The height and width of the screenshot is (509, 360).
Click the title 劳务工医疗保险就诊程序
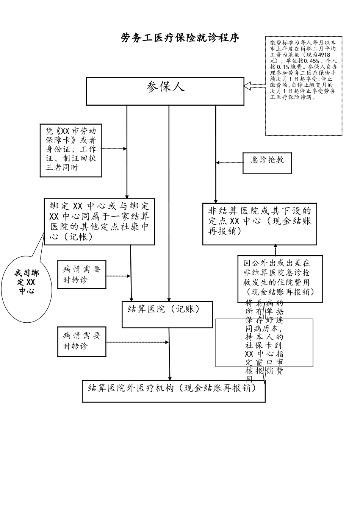click(180, 38)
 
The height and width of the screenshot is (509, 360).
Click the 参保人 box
click(165, 91)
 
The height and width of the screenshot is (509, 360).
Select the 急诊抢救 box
click(267, 162)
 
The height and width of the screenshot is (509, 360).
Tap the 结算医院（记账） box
click(167, 314)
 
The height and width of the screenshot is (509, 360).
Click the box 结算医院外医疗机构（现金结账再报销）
click(174, 391)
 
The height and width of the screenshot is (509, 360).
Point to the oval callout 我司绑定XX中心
click(27, 282)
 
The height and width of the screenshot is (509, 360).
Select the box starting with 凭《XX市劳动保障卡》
click(71, 150)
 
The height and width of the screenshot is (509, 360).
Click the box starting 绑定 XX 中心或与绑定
click(99, 222)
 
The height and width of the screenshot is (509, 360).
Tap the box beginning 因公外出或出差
click(280, 278)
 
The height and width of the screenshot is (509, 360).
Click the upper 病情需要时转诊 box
click(81, 275)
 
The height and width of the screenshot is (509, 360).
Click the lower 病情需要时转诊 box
click(81, 341)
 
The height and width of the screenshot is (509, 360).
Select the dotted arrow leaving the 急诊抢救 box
click(230, 162)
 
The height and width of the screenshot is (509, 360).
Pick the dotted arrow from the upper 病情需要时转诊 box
click(118, 276)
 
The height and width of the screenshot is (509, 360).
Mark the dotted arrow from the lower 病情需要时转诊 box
click(137, 342)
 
